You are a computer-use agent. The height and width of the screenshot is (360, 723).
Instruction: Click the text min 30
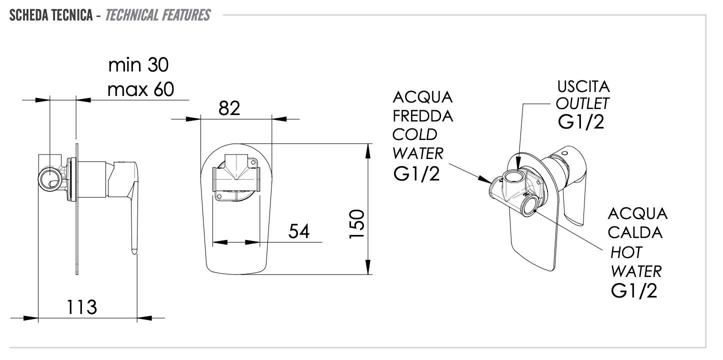point(139,65)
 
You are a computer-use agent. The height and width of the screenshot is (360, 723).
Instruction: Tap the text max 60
point(140,89)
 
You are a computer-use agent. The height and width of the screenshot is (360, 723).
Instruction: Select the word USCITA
point(583,86)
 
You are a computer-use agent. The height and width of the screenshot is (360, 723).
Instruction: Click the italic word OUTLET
point(583,103)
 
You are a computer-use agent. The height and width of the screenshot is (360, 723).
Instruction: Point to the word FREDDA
point(423,116)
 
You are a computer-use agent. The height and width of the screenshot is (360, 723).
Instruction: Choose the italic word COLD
point(414,134)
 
